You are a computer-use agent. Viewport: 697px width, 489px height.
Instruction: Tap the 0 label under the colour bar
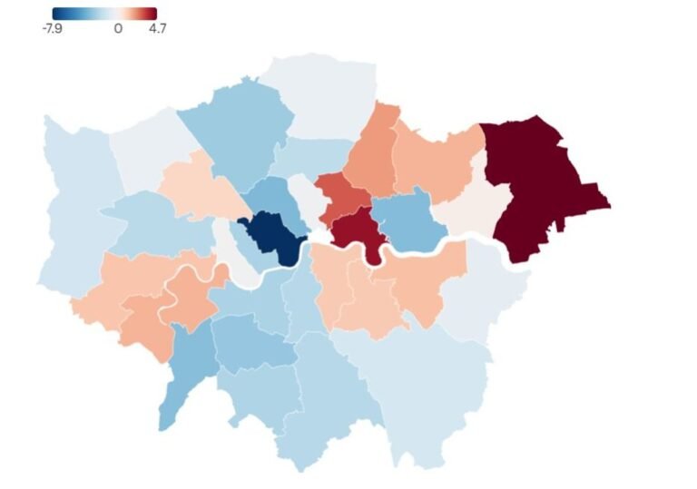(x=118, y=28)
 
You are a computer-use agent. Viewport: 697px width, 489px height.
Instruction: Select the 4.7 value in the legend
(x=157, y=28)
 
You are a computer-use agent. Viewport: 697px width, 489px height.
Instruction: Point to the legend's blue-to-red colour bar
(x=103, y=14)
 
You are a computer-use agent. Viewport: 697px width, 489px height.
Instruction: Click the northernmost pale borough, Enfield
(x=322, y=95)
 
